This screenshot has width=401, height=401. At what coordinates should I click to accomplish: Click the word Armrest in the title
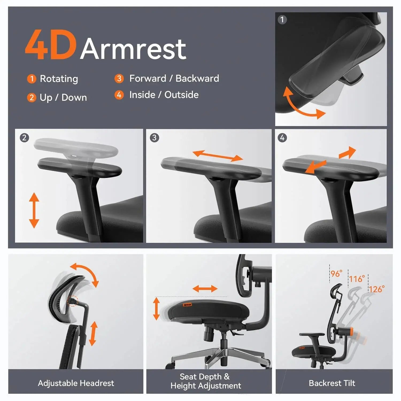[133, 49]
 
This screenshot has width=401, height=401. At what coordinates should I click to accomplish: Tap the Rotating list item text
[59, 79]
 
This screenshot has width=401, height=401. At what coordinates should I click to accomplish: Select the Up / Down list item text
[63, 98]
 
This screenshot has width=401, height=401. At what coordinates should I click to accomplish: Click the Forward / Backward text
[174, 79]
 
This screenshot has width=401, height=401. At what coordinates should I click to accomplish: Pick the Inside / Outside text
[164, 95]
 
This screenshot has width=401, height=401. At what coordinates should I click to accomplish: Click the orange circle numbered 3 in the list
[119, 79]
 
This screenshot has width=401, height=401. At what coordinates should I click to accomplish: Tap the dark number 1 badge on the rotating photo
[282, 20]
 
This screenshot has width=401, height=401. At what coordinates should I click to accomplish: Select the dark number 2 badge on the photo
[24, 138]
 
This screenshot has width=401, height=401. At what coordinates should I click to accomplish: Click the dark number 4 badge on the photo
[282, 138]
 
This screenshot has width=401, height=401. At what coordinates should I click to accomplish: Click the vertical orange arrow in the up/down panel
[34, 210]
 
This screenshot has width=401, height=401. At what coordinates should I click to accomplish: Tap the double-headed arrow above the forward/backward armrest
[218, 156]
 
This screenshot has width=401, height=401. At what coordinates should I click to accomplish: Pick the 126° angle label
[377, 289]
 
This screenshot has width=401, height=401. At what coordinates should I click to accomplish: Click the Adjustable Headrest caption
[76, 383]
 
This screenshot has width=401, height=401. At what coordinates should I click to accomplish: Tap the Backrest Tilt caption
[332, 383]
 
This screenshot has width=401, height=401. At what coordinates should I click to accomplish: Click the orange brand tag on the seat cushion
[187, 304]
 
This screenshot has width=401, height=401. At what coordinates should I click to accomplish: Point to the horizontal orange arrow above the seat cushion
[205, 289]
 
